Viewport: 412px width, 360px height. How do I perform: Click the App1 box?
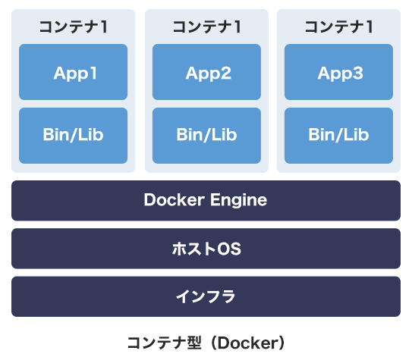point(73,72)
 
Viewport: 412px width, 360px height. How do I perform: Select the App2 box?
point(206,72)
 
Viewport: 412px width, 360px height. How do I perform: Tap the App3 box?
point(338,72)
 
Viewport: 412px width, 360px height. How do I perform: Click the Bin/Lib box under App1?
point(73,136)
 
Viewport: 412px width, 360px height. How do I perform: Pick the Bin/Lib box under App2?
point(206,136)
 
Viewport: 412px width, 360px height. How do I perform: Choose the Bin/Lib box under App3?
point(338,136)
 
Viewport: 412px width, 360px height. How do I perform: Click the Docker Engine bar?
point(206,201)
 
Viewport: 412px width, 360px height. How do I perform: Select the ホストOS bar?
point(206,249)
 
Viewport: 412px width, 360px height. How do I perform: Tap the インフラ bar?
point(206,296)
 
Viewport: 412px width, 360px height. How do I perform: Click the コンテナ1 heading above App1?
point(74,27)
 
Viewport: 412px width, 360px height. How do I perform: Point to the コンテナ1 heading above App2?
point(207,27)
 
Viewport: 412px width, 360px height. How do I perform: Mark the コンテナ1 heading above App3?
point(339,27)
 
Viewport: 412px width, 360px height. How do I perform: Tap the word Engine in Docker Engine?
point(238,201)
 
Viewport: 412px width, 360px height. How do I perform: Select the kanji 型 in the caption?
point(194,343)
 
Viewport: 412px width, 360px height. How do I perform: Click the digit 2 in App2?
point(225,73)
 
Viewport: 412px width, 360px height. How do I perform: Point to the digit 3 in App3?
point(358,73)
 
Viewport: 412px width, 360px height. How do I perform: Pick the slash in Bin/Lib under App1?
point(74,135)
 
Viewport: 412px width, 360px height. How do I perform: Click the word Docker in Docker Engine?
point(175,200)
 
